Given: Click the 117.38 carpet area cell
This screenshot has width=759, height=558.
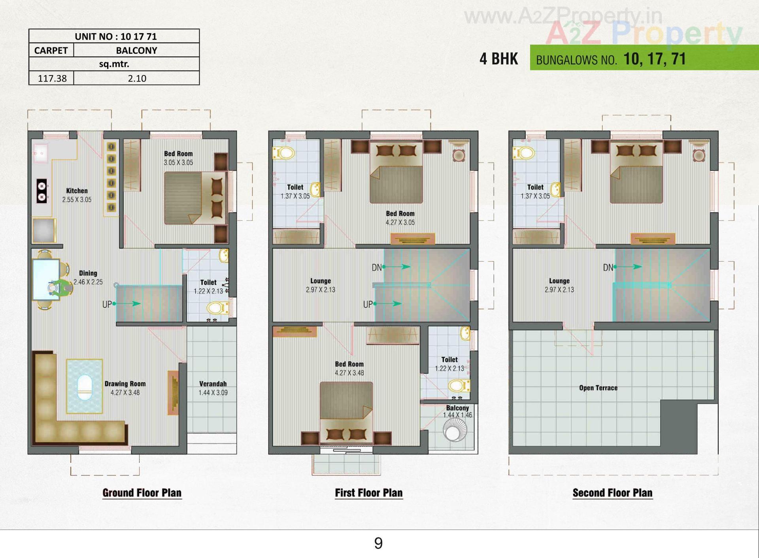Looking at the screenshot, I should [52, 78].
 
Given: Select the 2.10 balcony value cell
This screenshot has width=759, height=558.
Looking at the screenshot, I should [137, 78].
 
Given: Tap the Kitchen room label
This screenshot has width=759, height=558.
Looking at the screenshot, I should [77, 191].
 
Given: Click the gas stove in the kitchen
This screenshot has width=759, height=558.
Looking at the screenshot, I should [42, 191].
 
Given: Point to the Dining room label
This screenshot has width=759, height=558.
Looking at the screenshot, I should [88, 273].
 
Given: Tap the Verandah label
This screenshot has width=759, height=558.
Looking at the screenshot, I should [213, 384].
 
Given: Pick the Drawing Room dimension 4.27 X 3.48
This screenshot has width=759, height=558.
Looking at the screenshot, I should [125, 392].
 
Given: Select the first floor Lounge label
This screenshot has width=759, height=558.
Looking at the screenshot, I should [320, 281].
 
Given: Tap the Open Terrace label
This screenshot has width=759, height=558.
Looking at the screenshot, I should [598, 388].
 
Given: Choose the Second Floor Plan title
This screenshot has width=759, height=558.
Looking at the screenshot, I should [612, 493].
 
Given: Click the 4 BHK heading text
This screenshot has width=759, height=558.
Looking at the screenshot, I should [498, 59].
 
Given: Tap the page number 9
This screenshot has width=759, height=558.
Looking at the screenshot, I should [378, 543].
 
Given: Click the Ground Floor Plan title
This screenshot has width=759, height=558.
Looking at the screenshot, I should [142, 493].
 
